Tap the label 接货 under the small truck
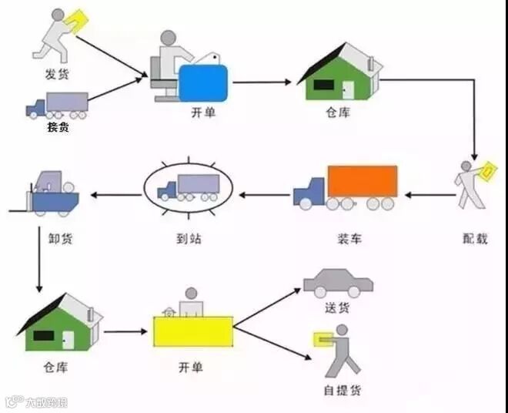[x=58, y=127]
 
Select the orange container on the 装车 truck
[x=362, y=182]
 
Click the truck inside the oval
[x=188, y=187]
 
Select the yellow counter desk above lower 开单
[x=192, y=332]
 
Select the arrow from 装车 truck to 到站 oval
[x=263, y=194]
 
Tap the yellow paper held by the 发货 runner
[x=77, y=19]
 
